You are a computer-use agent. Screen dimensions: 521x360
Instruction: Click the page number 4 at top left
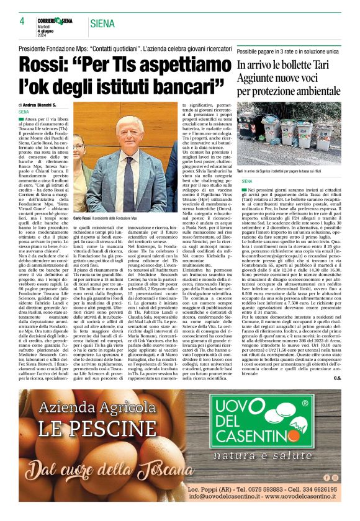pos(22,22)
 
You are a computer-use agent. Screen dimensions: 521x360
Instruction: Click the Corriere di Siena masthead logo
pos(54,21)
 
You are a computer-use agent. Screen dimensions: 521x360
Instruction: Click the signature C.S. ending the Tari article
pos(336,378)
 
